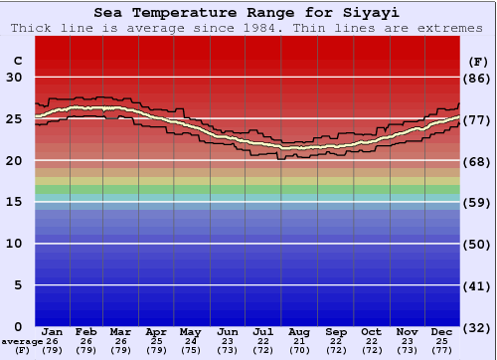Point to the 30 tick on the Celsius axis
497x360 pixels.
[x=15, y=78]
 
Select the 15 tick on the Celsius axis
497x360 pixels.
[x=15, y=202]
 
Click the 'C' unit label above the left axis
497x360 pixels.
[x=16, y=60]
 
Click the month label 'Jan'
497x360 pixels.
[x=53, y=331]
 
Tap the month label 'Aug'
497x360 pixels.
[x=300, y=331]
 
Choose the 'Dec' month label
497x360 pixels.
[x=442, y=331]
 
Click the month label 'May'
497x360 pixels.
[x=189, y=331]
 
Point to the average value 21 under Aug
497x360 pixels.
[x=300, y=341]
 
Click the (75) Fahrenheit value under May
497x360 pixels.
[x=189, y=350]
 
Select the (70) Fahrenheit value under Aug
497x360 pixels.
[x=300, y=350]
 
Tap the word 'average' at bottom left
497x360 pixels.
[x=22, y=341]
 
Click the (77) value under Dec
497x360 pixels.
[x=442, y=350]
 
